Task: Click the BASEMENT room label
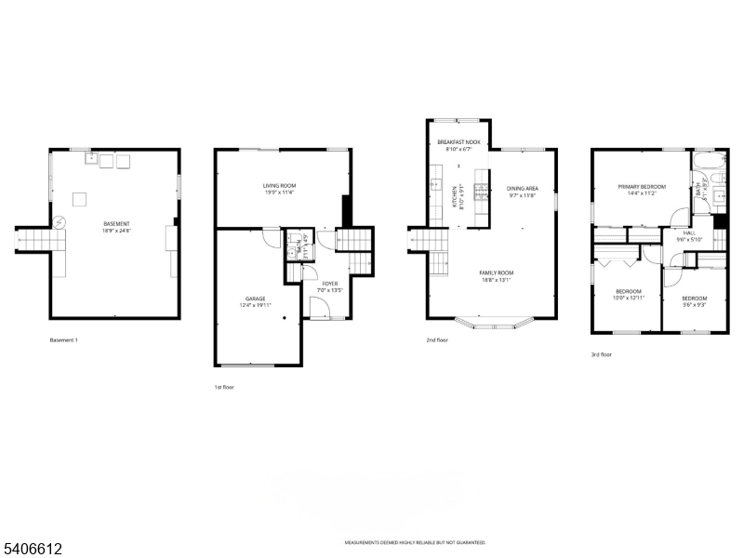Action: point(116,224)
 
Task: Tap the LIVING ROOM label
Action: point(278,186)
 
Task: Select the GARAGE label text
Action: point(255,299)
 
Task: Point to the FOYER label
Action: point(330,283)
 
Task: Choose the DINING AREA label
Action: point(523,189)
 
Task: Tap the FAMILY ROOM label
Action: point(498,272)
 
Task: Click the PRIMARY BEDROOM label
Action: point(642,186)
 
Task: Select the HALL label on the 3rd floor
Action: point(689,232)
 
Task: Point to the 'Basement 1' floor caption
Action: point(63,340)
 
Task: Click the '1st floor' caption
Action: point(223,386)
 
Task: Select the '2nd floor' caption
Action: point(437,340)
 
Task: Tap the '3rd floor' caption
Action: point(602,354)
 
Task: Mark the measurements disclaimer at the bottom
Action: point(415,542)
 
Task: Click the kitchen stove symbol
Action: point(481,192)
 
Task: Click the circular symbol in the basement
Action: point(60,223)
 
